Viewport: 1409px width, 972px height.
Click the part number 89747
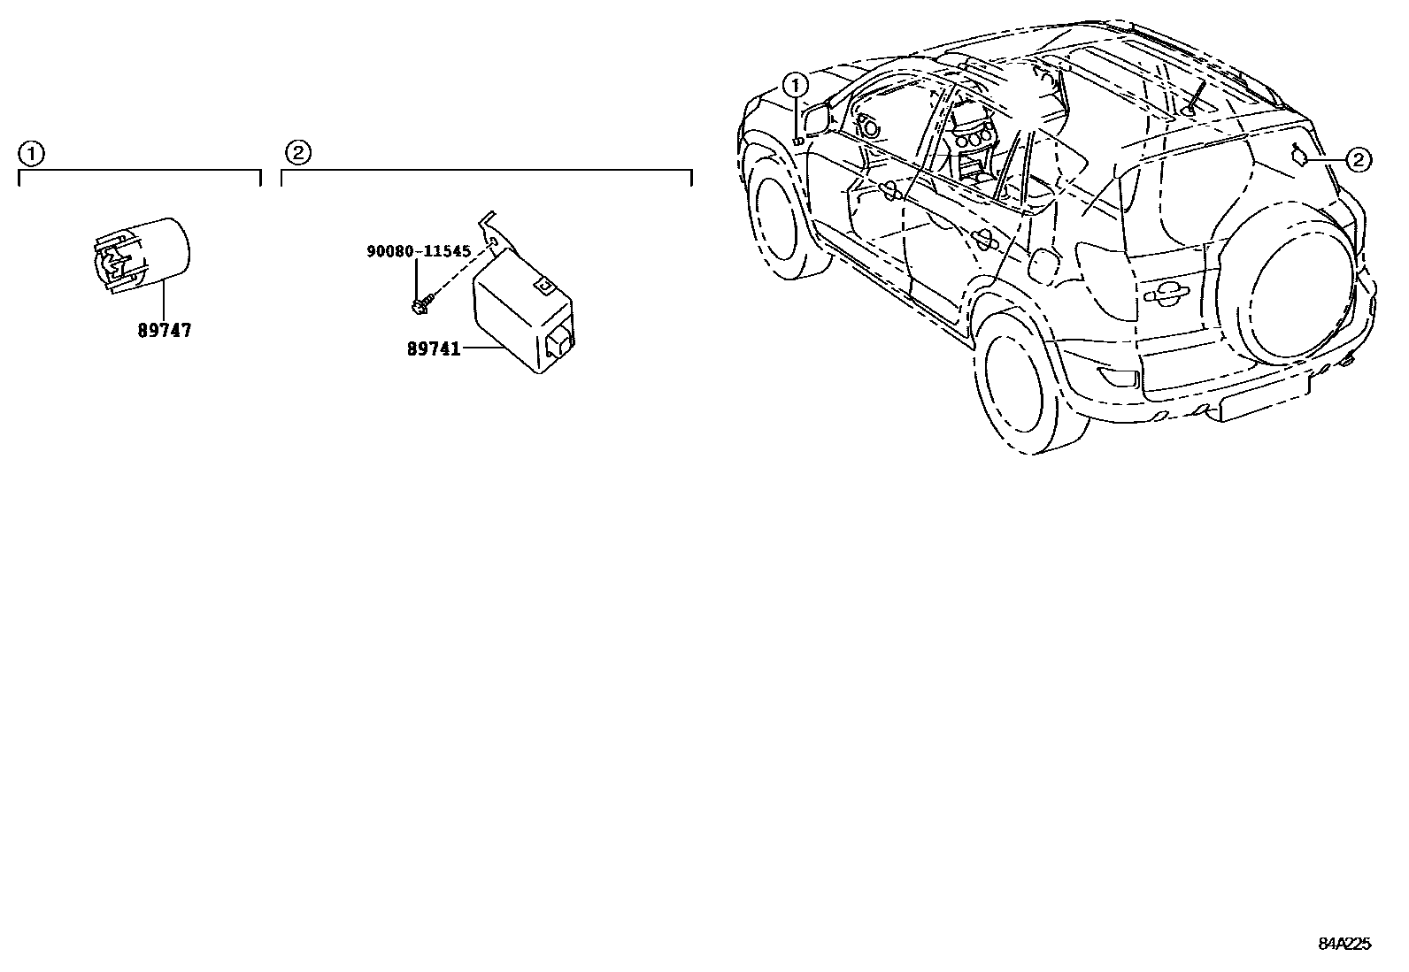pos(165,331)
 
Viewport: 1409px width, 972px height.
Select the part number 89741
pos(434,349)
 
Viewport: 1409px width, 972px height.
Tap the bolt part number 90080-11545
pos(419,251)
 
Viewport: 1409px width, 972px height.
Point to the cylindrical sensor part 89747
pos(142,254)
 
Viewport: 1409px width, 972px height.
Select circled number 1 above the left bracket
pos(31,154)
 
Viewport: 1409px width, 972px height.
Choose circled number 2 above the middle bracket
pos(298,154)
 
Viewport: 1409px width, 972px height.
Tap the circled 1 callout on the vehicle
pos(797,86)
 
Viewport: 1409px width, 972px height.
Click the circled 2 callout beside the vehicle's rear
pos(1358,160)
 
